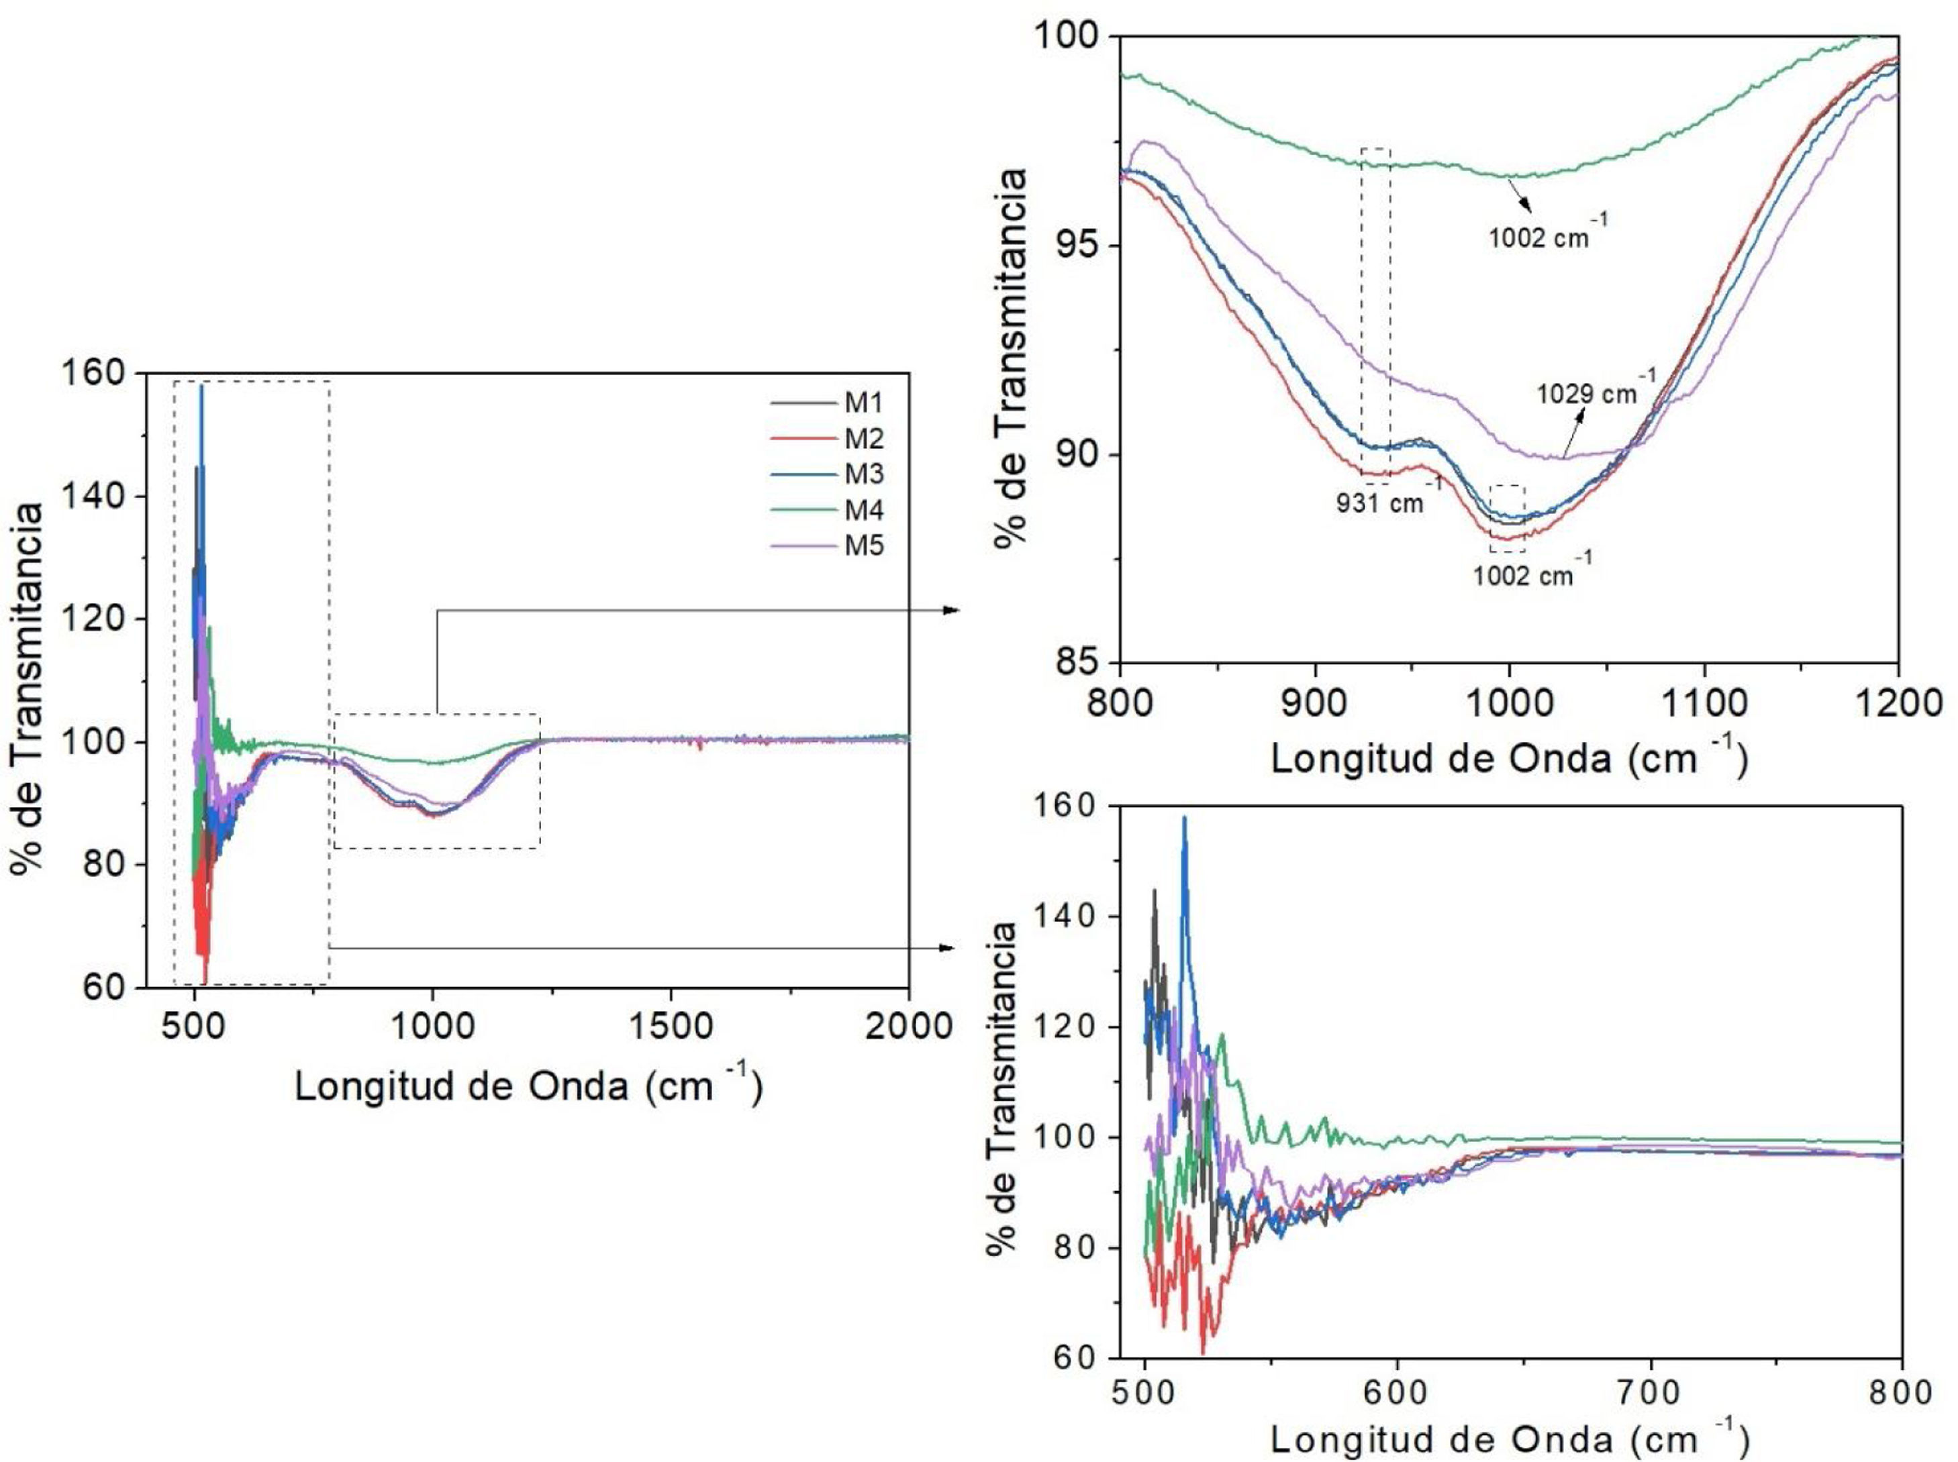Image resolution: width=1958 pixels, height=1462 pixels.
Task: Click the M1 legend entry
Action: tap(863, 403)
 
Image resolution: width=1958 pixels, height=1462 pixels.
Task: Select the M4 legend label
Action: tap(863, 510)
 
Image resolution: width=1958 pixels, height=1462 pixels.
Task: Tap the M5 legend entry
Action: tap(863, 545)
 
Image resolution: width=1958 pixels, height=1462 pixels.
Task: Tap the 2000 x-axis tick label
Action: tap(908, 1026)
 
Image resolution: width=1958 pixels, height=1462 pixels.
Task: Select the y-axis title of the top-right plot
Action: tap(1009, 358)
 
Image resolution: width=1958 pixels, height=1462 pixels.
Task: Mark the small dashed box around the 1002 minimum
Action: tap(1508, 519)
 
